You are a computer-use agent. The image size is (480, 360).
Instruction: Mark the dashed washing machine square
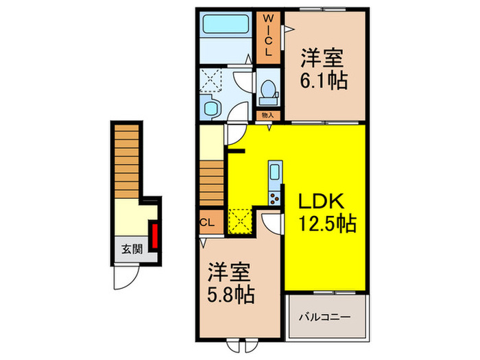(x=213, y=81)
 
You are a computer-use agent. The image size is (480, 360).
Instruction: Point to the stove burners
(x=274, y=198)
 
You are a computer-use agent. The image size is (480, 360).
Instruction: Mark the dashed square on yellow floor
(x=241, y=219)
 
